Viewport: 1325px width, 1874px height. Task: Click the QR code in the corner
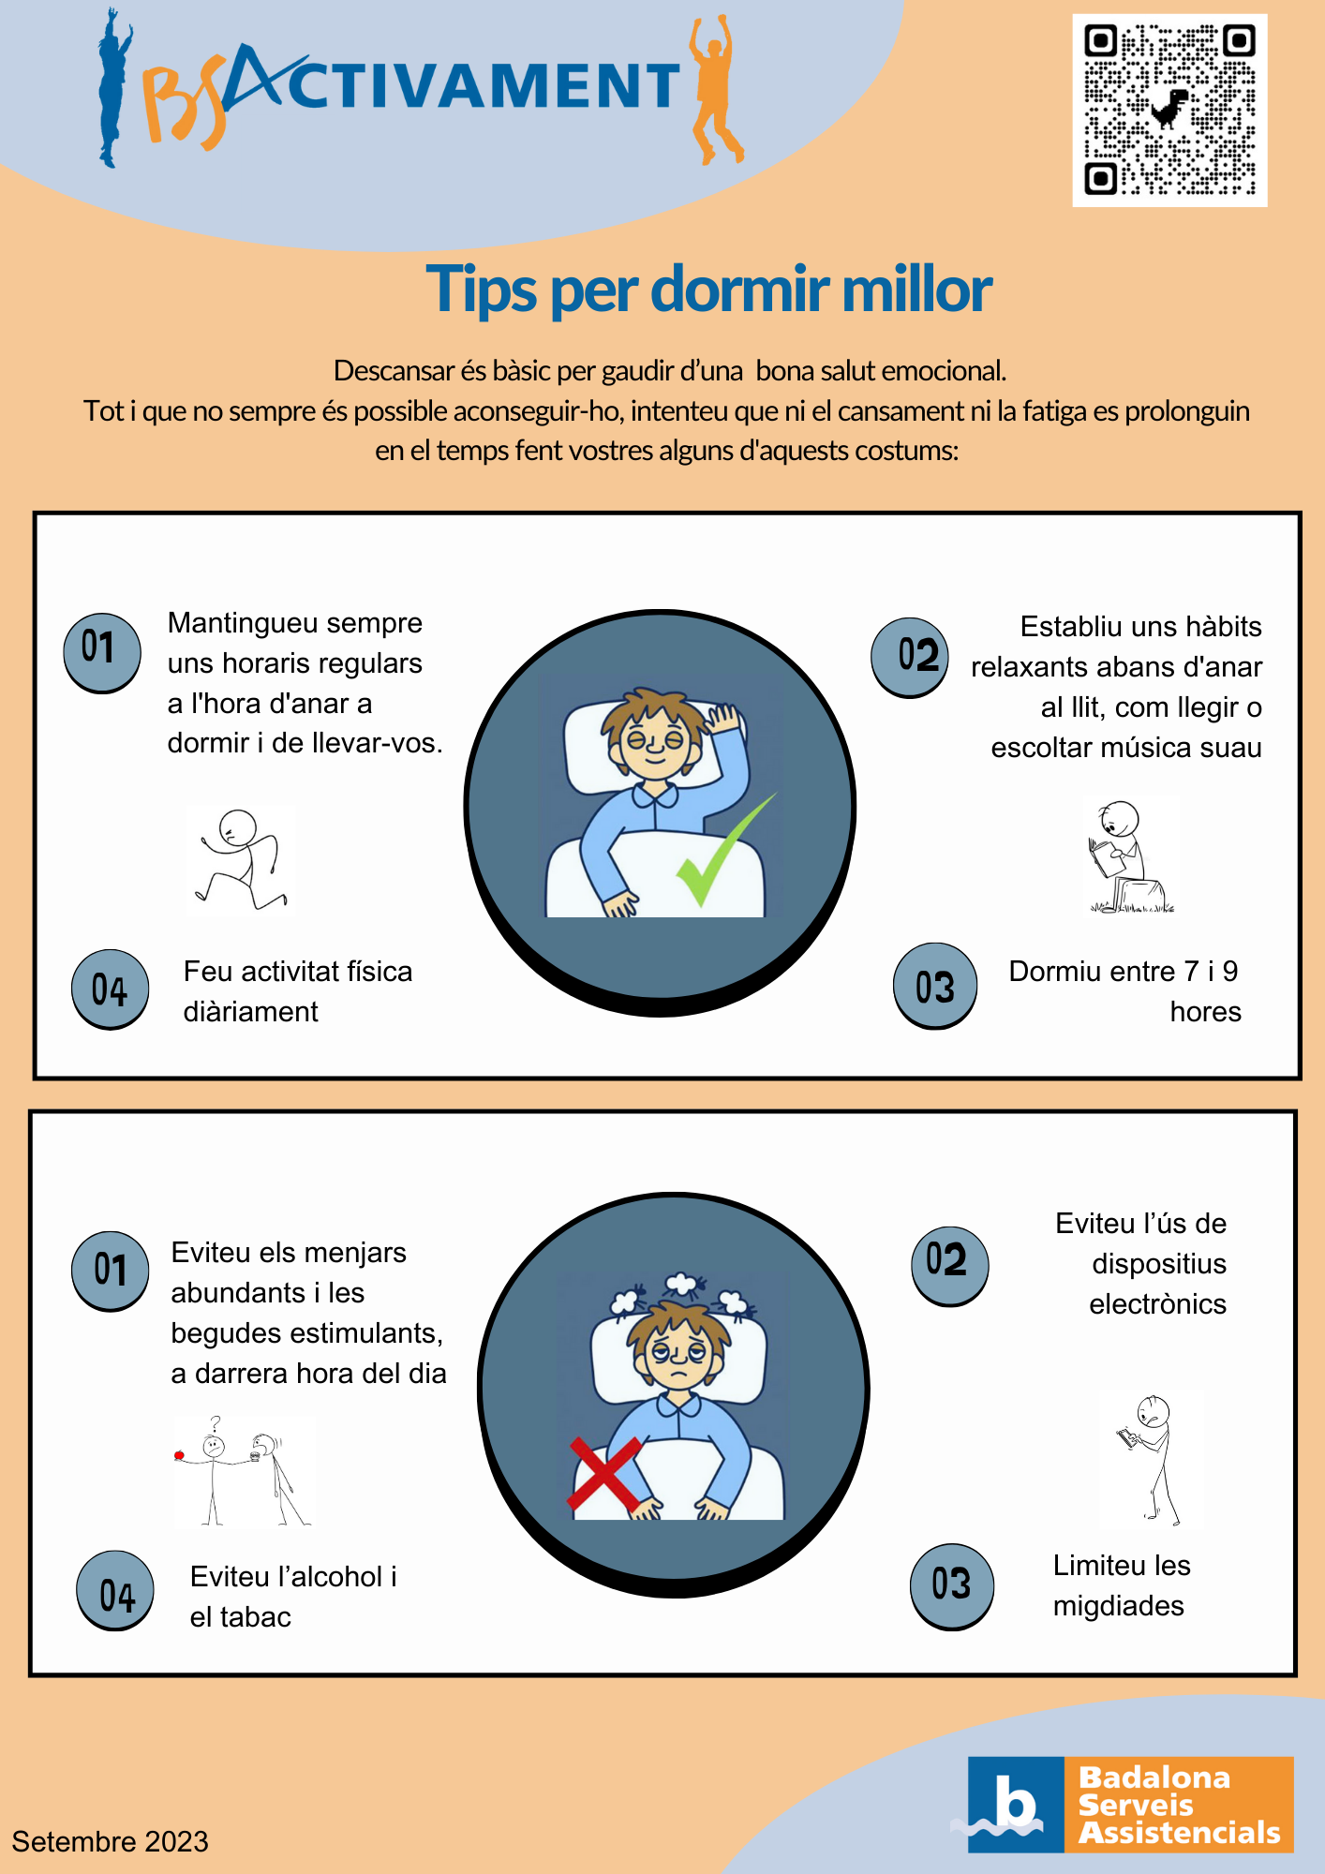(1169, 110)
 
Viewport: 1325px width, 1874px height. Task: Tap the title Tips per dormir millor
(708, 289)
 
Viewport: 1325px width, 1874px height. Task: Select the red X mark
(604, 1473)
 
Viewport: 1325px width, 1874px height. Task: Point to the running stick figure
(241, 859)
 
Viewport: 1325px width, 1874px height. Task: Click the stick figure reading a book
(1129, 855)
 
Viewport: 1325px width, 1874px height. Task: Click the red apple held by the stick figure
(179, 1455)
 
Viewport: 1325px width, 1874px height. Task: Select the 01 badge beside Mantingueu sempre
(102, 652)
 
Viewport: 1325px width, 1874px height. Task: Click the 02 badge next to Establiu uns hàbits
(910, 657)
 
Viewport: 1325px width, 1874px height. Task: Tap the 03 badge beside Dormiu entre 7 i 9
(934, 986)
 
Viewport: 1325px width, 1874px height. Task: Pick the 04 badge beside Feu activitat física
(111, 989)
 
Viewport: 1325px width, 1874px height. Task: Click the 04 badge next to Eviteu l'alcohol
(115, 1591)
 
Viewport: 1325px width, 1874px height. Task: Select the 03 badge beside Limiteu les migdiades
(952, 1586)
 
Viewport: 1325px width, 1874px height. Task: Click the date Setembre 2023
(110, 1841)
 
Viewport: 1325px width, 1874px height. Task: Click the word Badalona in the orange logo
(1154, 1777)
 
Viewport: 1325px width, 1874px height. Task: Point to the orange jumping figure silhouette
(716, 89)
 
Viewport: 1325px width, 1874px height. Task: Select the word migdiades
(1118, 1606)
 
